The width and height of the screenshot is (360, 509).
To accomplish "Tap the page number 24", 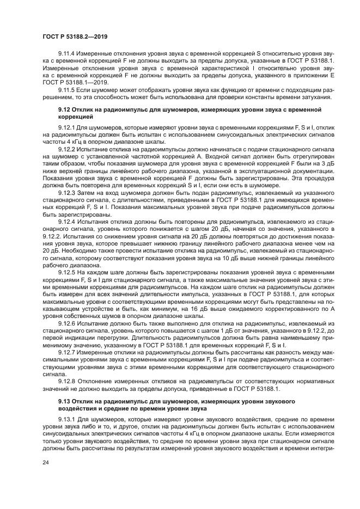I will pos(45,462).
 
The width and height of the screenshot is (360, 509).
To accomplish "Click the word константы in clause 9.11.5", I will pos(259,96).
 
